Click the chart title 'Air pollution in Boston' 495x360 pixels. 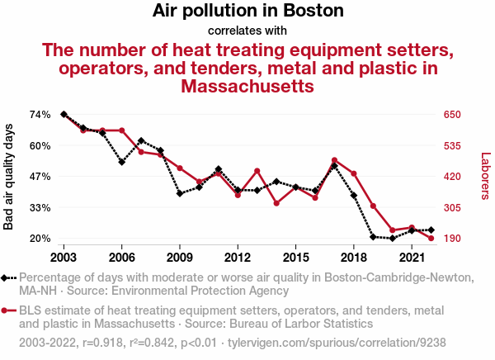coord(247,12)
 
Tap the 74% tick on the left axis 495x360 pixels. coord(40,114)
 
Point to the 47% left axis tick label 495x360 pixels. coord(40,177)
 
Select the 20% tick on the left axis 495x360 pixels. coord(40,239)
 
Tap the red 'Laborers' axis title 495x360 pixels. coord(485,177)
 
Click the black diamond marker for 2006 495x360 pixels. coord(121,162)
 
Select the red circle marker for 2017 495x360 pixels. coord(334,160)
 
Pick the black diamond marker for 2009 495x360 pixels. coord(180,193)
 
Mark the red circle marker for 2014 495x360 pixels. coord(276,203)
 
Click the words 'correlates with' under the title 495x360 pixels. coord(247,31)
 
